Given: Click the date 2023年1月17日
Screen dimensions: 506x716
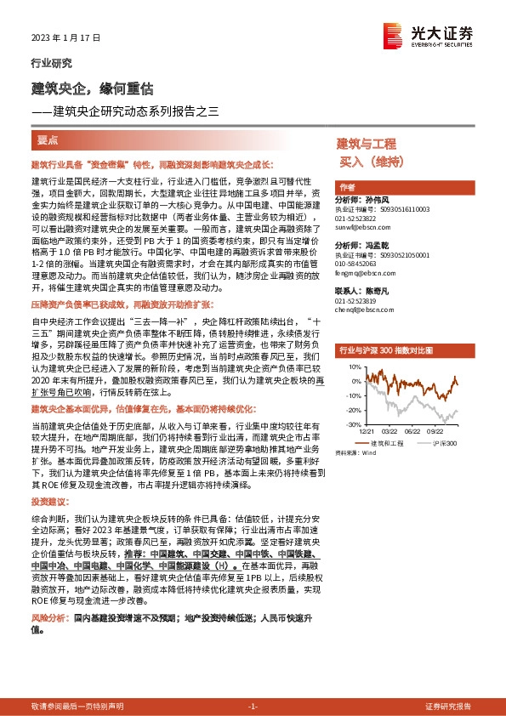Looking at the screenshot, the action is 65,38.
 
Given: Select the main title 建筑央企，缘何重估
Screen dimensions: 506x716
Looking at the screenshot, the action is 92,88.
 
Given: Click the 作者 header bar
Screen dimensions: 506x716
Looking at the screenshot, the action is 347,187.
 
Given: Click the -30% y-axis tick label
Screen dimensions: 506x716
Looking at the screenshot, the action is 350,423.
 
